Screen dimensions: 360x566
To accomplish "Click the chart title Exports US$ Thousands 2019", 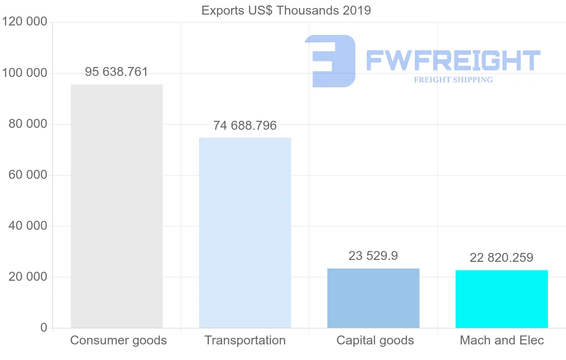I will click(x=286, y=10).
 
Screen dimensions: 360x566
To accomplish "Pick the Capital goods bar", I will click(x=373, y=298).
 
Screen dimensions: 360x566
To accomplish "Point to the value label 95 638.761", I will click(x=117, y=72).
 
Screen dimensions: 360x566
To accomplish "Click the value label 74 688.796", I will click(x=245, y=126).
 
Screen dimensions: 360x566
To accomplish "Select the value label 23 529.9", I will click(x=373, y=256).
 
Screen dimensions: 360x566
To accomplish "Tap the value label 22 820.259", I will click(x=501, y=258).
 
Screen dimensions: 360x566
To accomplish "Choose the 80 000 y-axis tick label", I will click(x=28, y=124).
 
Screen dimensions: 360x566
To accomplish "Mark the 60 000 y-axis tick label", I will click(x=28, y=175).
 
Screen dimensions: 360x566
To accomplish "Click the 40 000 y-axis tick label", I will click(x=28, y=226).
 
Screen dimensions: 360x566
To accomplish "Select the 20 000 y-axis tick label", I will click(x=28, y=277).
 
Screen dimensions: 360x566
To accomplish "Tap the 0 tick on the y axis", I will click(x=44, y=327).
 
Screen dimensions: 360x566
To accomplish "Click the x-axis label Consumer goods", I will click(x=118, y=340).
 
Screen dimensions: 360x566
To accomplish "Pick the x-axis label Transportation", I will click(x=245, y=340).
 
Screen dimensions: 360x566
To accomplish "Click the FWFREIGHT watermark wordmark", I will click(x=453, y=60).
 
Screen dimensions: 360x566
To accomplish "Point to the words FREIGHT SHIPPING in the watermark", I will click(x=453, y=80).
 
